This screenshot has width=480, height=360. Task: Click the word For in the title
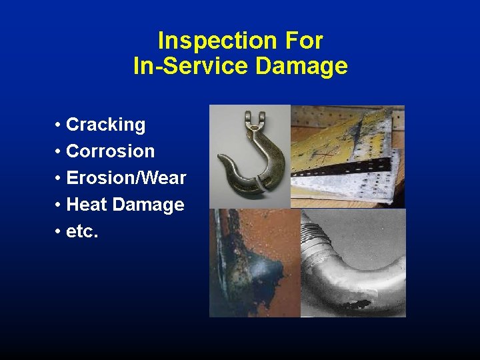pos(305,41)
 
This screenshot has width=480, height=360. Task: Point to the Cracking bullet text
pos(105,125)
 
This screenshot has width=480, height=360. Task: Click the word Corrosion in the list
pos(110,151)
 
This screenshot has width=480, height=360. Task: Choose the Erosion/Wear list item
pos(126,178)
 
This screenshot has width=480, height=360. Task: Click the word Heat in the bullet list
pos(88,205)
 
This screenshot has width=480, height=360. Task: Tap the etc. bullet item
pos(82,231)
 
